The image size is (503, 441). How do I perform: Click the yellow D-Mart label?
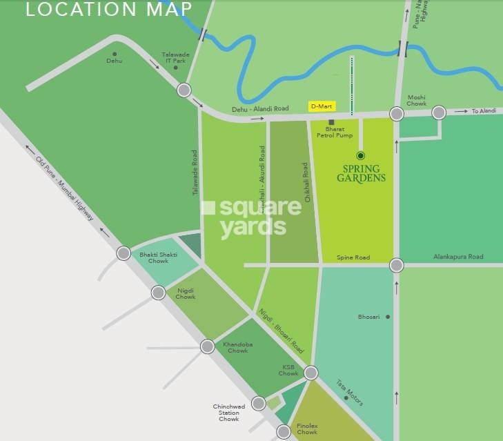pos(320,106)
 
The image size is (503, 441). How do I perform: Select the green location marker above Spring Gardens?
pos(360,155)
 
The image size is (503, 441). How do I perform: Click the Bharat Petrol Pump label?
pos(334,132)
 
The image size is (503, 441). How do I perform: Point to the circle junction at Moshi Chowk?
pos(397,114)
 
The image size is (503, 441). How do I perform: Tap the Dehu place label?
pos(114,61)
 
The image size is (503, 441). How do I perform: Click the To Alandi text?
pos(484,111)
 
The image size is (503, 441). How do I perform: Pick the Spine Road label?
pos(353,257)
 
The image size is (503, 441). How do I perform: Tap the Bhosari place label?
pos(368,317)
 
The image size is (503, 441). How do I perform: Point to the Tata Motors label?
pos(349,392)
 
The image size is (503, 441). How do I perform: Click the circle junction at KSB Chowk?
pos(311,373)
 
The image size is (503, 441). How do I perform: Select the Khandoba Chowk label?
pos(231,346)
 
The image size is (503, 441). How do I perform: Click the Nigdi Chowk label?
pos(185,293)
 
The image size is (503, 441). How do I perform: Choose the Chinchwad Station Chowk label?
pos(229,413)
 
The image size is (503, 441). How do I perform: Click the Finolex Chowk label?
pos(306,429)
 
